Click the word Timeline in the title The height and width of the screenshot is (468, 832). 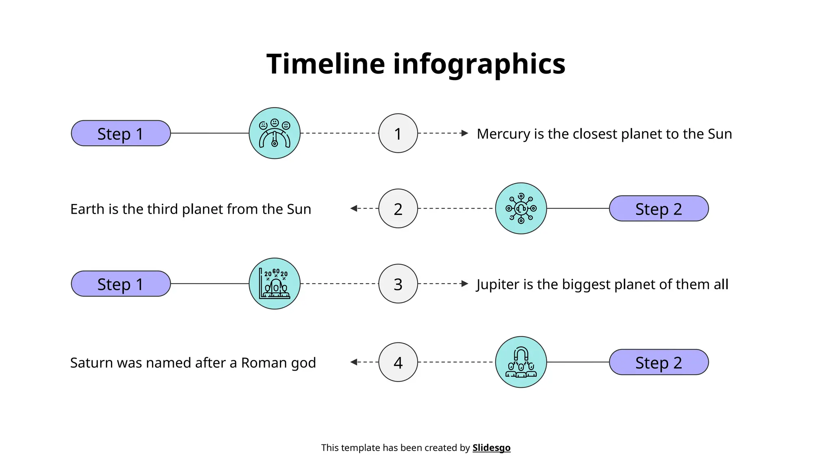point(325,64)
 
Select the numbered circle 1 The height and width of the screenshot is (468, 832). point(398,133)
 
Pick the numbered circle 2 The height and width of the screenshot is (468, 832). point(398,208)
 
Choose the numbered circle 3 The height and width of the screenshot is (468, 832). point(398,284)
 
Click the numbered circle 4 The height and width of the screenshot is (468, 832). point(398,362)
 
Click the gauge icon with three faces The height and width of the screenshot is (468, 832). point(275,133)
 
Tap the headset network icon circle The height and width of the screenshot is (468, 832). point(521,208)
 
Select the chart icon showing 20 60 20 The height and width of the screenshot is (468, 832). point(275,284)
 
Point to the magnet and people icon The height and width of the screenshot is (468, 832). point(521,362)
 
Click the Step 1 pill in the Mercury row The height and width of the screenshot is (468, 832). point(121,133)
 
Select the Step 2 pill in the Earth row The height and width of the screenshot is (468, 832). point(659,208)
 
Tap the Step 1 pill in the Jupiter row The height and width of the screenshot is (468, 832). point(121,284)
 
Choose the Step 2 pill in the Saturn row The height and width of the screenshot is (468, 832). point(659,362)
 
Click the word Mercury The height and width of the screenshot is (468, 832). point(503,134)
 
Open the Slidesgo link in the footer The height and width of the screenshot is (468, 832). point(491,448)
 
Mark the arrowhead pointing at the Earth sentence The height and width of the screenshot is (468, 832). point(354,208)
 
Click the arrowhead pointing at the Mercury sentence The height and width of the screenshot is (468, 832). point(465,133)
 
